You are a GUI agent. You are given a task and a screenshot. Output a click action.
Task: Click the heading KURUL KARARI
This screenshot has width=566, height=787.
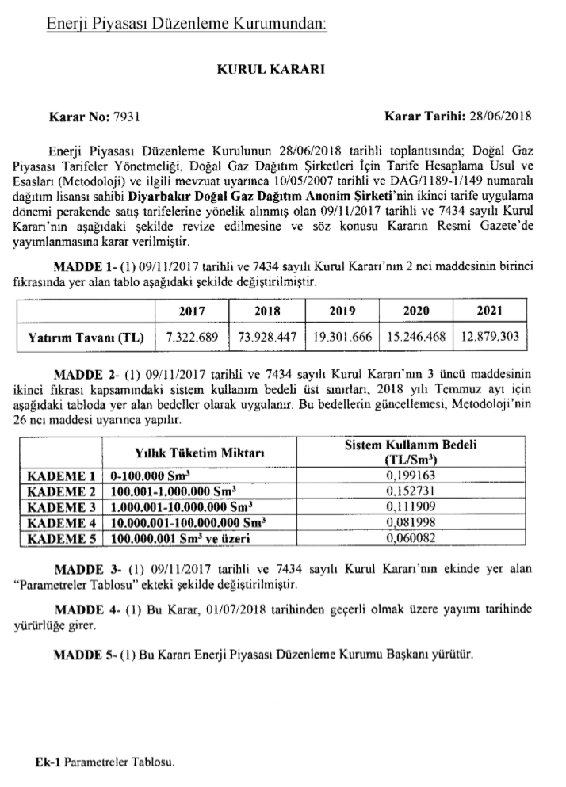pos(283,69)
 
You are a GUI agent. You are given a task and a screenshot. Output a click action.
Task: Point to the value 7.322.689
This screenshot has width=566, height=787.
pos(191,337)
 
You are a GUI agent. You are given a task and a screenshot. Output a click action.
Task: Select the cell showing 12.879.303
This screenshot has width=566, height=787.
pos(490,337)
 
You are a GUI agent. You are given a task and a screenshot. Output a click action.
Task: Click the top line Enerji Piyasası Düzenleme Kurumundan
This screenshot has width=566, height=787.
pos(186,25)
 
